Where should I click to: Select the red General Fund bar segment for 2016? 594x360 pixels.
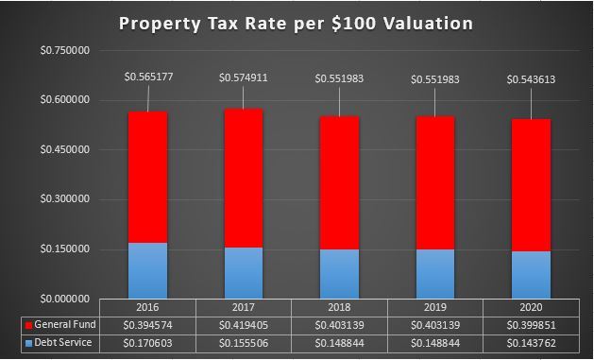tap(147, 177)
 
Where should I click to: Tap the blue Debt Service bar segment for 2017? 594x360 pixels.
tap(244, 272)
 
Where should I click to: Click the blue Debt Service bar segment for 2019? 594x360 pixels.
tap(435, 274)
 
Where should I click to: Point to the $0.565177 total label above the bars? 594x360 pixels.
tap(147, 77)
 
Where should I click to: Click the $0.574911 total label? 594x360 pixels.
tap(243, 77)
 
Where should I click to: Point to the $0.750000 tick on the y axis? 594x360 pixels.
tap(64, 50)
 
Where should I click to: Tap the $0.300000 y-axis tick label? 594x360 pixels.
tap(64, 199)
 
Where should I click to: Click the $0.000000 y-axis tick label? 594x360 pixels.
tap(64, 299)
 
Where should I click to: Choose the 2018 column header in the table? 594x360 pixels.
tap(340, 308)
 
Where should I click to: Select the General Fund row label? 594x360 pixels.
tap(58, 325)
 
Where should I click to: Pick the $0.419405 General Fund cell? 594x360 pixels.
tap(244, 325)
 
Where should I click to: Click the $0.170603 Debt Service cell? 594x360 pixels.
tap(147, 342)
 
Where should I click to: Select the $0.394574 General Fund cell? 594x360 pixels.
tap(147, 325)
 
